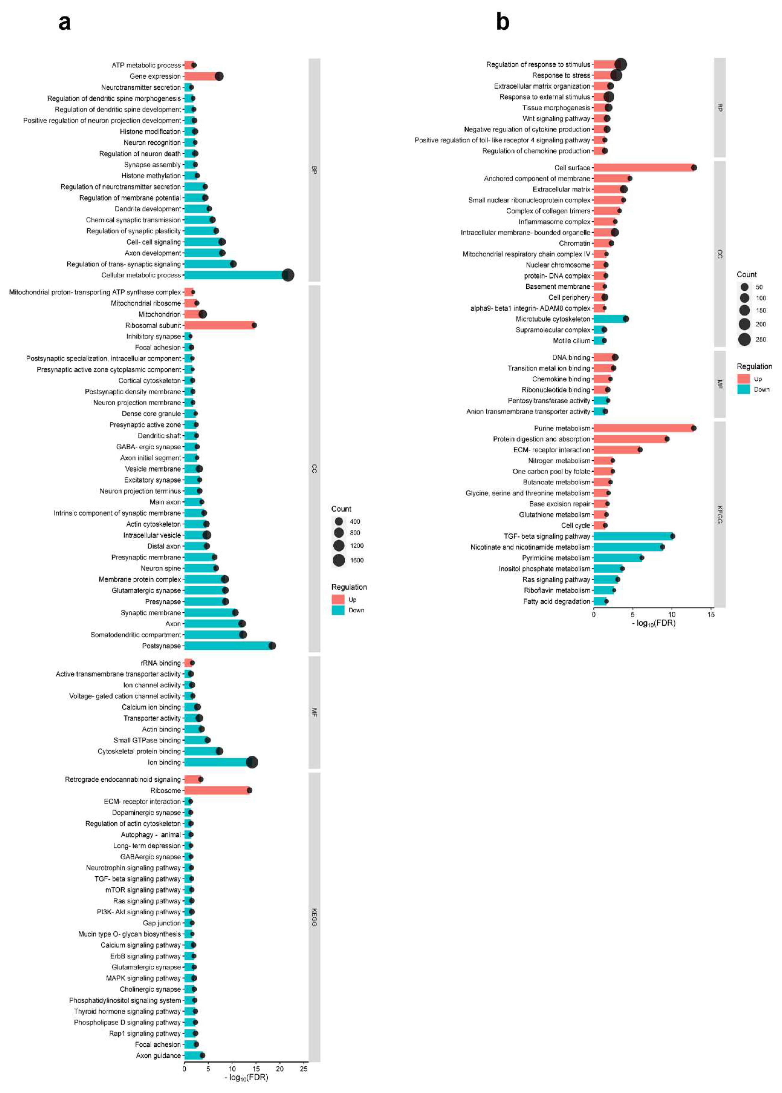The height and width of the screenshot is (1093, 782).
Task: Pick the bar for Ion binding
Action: pos(217,762)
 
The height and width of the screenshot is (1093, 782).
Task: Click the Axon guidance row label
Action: pos(158,1056)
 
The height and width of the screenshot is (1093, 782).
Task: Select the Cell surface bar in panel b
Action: pos(643,168)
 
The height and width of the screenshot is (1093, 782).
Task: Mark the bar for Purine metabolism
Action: pos(643,428)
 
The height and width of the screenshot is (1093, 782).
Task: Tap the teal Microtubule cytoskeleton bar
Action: pos(609,319)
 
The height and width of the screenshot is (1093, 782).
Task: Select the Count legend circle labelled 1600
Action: pos(339,561)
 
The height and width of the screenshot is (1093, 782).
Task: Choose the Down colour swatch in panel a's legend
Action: pos(338,610)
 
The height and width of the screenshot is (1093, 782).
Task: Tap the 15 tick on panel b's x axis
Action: pos(711,615)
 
